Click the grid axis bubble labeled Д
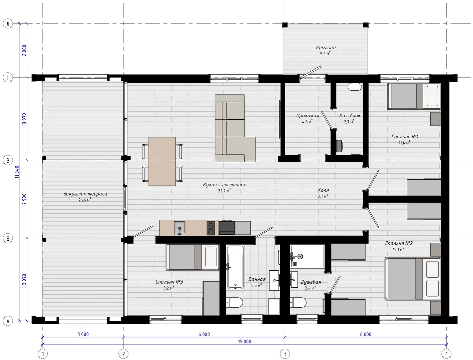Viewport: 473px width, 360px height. coord(8,24)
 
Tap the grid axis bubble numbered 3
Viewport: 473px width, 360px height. coord(285,354)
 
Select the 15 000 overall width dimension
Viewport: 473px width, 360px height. coord(245,341)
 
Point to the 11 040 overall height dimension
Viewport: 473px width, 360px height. coord(17,172)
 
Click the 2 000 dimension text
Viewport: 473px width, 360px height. coord(24,50)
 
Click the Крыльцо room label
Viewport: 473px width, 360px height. coord(326,48)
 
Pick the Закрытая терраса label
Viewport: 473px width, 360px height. coord(85,194)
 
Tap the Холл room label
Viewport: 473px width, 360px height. coord(323,190)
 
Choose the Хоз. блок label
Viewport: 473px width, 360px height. coord(349,116)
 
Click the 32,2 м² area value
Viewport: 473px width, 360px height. coord(224,191)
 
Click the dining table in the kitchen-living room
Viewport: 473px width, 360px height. coord(162,161)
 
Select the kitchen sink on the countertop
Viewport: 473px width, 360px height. coord(179,228)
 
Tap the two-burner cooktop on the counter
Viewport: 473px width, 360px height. coord(211,228)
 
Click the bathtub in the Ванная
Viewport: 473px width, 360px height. coord(235,267)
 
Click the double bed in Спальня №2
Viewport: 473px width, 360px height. coord(412,279)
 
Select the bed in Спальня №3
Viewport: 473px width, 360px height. coord(192,257)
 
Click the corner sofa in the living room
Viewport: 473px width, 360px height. coord(235,128)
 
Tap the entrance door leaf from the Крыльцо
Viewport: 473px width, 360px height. coord(311,72)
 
